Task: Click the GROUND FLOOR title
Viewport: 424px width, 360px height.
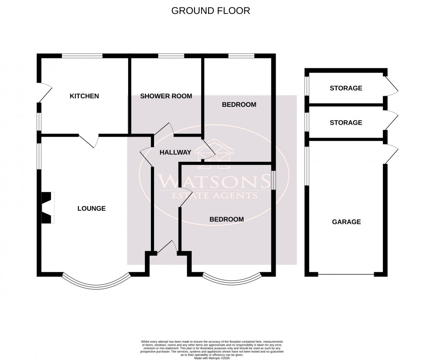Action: click(x=211, y=11)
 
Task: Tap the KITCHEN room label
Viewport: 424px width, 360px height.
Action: click(x=84, y=96)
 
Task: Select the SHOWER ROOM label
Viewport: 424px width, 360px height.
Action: click(x=166, y=96)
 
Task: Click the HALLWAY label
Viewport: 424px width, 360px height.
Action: click(x=175, y=152)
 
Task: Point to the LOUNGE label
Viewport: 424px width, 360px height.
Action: click(x=91, y=209)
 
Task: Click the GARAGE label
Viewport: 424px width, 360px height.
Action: click(x=346, y=222)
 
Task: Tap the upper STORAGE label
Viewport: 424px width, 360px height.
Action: click(x=346, y=88)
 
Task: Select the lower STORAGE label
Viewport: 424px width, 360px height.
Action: click(x=346, y=122)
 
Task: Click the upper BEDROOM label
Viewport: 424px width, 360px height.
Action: click(x=239, y=105)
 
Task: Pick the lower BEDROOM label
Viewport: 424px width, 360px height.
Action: click(x=226, y=219)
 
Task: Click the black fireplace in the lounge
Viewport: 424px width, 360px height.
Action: click(x=46, y=208)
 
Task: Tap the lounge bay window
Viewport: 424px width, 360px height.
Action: click(x=96, y=282)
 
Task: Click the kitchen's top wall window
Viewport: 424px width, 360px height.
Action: click(x=82, y=55)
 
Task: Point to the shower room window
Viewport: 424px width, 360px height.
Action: click(x=170, y=55)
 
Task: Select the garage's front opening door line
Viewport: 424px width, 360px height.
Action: click(x=346, y=275)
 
